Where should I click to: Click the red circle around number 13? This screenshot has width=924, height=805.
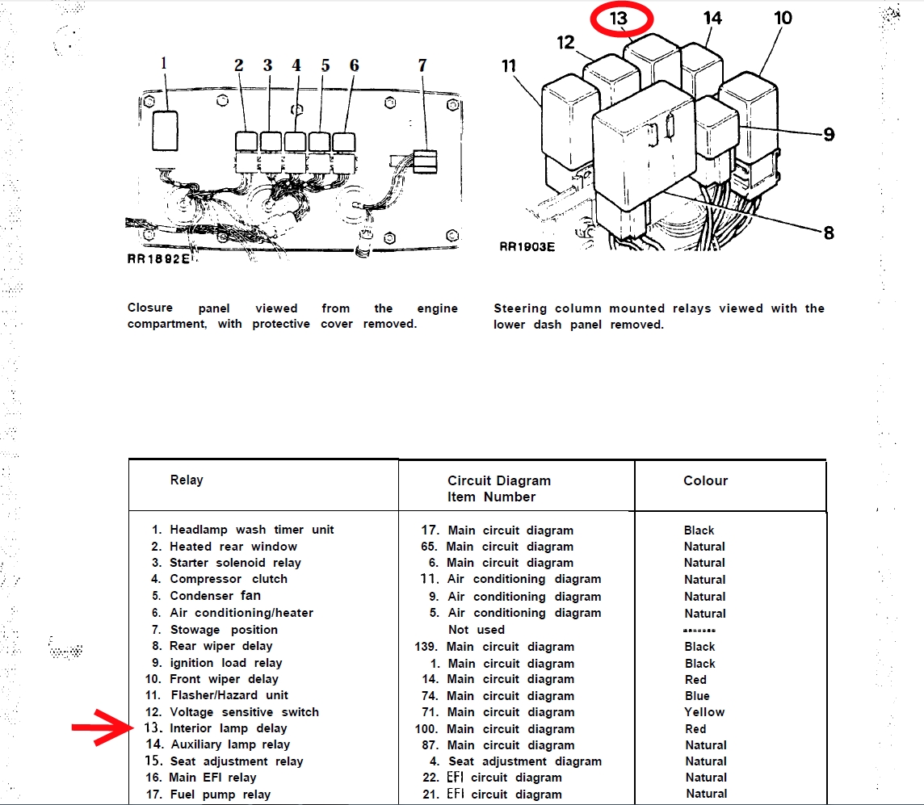coord(619,18)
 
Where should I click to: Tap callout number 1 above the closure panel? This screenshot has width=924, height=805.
coord(165,62)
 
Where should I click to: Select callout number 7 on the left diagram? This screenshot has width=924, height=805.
coord(422,65)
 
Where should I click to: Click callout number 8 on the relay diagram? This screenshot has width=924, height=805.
coord(828,233)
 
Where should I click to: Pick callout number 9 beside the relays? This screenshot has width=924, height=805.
coord(829,134)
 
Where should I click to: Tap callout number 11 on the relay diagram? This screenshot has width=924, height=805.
coord(509,65)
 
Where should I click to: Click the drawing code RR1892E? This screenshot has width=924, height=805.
coord(158,260)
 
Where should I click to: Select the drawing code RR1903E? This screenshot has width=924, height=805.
coord(527,247)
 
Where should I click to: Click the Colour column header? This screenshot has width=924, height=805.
coord(705,480)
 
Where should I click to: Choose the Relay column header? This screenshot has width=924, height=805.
coord(187,480)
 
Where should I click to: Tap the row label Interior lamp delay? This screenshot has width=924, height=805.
coord(229,728)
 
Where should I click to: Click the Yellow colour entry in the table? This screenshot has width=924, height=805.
coord(704,712)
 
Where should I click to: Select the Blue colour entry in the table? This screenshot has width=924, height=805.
coord(697,696)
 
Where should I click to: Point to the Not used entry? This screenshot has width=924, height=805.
coord(477,630)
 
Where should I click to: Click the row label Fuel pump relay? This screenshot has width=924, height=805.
coord(220,795)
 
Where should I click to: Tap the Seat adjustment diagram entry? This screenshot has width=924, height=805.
coord(525,761)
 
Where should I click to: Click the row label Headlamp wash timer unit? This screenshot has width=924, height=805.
coord(251,530)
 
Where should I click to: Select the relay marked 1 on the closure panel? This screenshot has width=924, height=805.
coord(165,130)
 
